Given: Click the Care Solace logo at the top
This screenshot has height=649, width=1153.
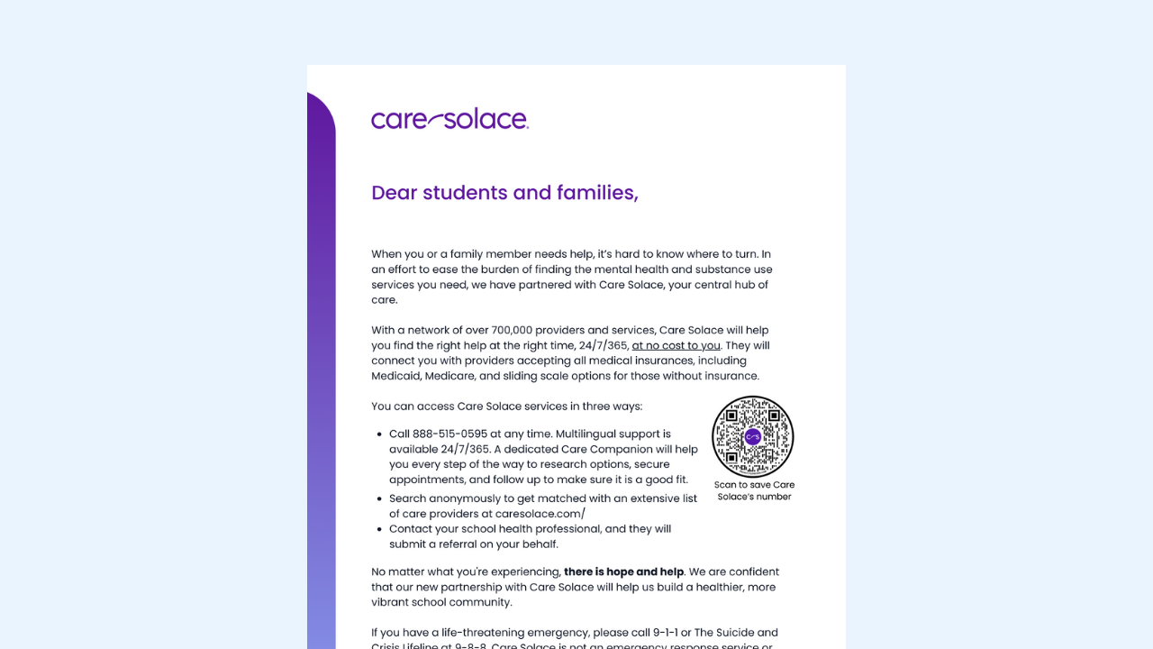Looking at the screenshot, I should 449,119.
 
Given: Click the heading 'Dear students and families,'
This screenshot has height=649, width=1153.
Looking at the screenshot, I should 504,193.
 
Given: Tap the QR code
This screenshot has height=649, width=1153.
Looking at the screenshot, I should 752,437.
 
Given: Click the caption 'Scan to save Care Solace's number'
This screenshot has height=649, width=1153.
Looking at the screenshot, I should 754,490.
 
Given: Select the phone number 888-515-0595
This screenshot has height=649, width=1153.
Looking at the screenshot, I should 449,434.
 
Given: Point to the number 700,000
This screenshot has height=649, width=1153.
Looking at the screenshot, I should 512,330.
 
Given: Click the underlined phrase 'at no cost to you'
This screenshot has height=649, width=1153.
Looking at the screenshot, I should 676,345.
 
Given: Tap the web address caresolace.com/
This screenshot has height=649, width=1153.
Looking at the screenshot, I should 540,514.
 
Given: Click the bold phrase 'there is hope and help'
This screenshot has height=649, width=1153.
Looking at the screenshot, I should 623,571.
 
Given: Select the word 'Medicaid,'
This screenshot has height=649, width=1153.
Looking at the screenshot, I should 395,376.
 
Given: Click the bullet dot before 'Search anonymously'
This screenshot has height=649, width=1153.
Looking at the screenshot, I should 379,498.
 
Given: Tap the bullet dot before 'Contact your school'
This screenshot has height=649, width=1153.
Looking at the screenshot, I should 379,529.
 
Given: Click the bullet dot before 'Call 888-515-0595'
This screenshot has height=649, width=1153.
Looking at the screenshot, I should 379,434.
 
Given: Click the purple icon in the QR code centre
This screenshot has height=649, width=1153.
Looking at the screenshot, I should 753,437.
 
